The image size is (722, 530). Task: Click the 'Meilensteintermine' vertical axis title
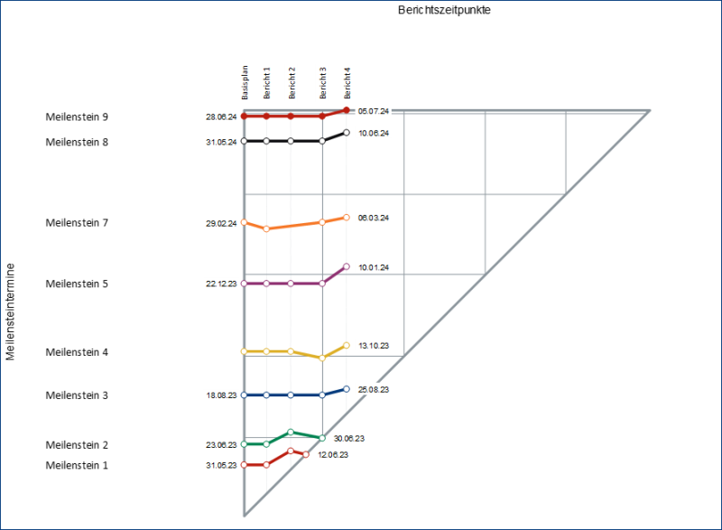click(10, 311)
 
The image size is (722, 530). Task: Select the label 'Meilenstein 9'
click(77, 116)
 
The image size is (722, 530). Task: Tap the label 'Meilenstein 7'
click(77, 222)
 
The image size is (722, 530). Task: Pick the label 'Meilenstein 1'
click(77, 465)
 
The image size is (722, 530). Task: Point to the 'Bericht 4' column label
click(347, 83)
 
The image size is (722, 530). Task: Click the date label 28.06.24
click(221, 116)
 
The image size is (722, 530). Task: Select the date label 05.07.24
click(374, 111)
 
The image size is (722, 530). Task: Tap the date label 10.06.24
click(374, 133)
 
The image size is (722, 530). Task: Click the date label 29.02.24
click(221, 223)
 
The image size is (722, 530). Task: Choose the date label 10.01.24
click(374, 267)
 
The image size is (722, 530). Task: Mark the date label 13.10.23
click(374, 346)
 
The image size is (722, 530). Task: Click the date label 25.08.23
click(374, 389)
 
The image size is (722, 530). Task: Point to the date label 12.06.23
click(333, 455)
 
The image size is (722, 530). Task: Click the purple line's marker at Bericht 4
click(347, 266)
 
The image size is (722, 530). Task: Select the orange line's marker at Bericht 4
click(347, 218)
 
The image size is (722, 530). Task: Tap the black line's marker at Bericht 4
click(347, 133)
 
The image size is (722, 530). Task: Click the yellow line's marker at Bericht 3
click(322, 358)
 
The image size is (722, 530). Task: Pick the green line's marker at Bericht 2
click(291, 432)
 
